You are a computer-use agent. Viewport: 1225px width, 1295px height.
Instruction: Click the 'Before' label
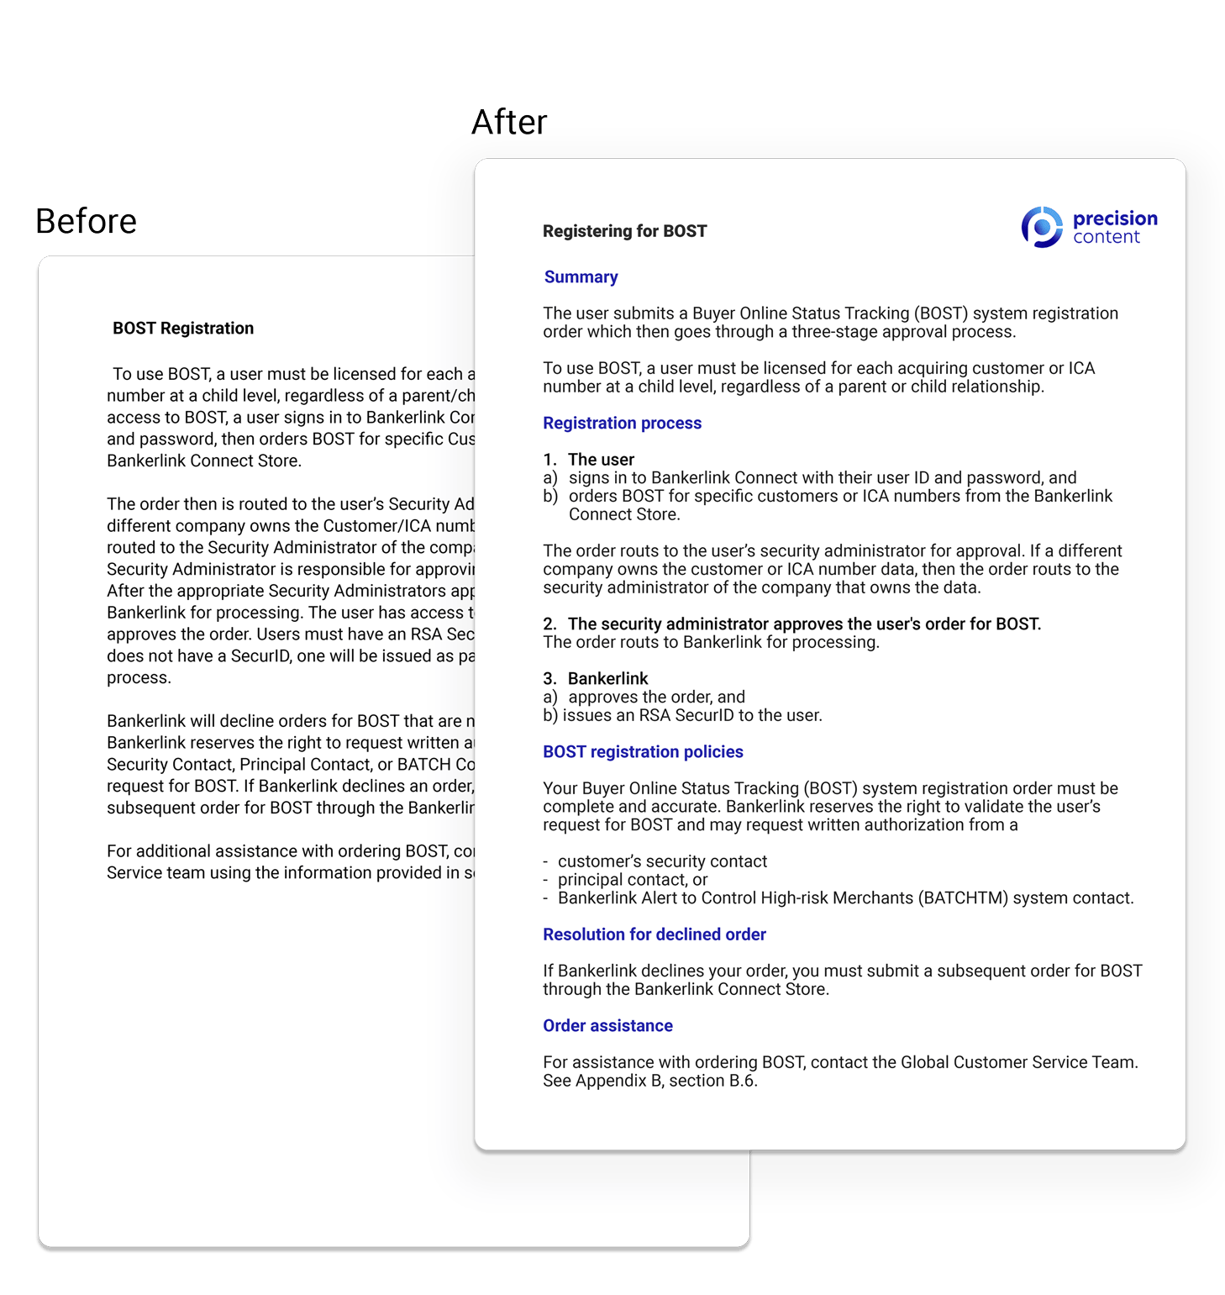(x=86, y=222)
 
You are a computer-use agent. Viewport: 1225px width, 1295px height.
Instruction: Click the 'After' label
(x=509, y=123)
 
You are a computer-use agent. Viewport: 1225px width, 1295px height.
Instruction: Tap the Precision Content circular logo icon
(x=1042, y=227)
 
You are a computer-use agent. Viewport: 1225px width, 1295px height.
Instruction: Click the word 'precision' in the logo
(x=1115, y=218)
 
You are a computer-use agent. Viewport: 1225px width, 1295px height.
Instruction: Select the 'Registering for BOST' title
(x=624, y=231)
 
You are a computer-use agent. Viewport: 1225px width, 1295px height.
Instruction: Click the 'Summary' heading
(x=581, y=277)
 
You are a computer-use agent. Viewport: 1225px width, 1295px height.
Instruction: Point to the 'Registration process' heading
(x=622, y=423)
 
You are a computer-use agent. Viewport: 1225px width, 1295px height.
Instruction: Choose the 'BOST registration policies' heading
(x=643, y=751)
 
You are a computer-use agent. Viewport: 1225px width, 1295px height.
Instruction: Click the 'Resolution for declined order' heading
(x=654, y=934)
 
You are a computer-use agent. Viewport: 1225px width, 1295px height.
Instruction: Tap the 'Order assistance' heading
(x=607, y=1025)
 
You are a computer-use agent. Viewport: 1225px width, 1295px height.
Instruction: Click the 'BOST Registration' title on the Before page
(x=183, y=329)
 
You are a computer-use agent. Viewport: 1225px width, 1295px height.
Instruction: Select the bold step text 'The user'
(x=601, y=460)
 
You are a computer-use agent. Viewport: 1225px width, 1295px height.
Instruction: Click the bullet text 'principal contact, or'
(x=633, y=880)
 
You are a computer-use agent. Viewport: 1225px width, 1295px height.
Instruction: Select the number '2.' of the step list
(x=550, y=624)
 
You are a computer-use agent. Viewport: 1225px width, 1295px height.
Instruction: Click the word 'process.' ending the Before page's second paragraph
(x=139, y=678)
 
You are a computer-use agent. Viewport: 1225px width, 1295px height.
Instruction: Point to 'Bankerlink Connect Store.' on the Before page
(x=203, y=461)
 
